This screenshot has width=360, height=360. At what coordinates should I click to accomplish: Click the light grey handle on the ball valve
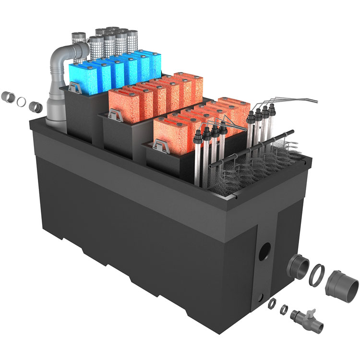313,312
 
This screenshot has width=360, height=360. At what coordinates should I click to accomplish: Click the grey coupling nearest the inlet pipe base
35,106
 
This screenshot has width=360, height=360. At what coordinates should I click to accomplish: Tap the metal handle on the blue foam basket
75,87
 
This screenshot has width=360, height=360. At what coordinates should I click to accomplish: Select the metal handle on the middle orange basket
115,114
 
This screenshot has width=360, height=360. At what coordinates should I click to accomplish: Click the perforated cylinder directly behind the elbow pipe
78,38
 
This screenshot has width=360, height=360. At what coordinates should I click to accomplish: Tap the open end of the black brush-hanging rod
291,131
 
